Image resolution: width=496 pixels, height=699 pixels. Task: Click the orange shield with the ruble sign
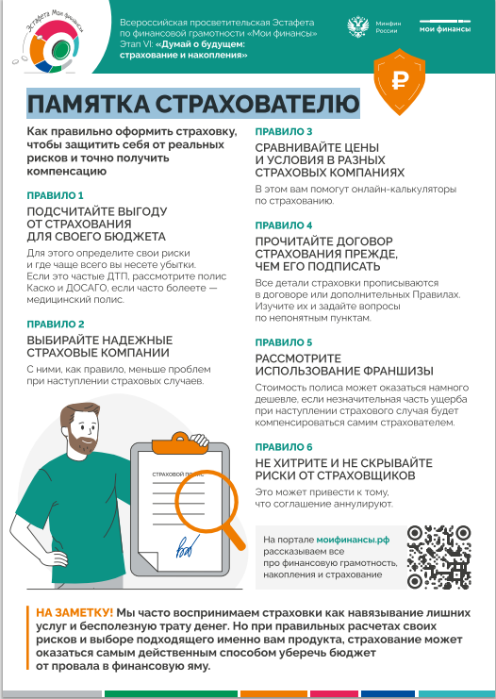[x=399, y=81]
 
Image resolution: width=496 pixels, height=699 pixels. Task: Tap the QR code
[x=439, y=557]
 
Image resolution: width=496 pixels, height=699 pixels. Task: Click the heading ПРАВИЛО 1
[x=55, y=195]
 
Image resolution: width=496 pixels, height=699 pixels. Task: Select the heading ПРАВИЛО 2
[x=56, y=325]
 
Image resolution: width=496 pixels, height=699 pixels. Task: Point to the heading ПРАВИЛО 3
[x=284, y=131]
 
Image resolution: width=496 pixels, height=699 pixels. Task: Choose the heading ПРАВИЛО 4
[x=284, y=225]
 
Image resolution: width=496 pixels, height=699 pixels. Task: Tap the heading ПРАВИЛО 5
[x=284, y=342]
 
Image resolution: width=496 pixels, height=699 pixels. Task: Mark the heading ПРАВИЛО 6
[x=284, y=447]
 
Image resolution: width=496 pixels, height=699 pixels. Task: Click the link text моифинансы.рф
[x=353, y=540]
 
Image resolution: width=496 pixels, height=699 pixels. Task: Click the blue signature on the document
[x=188, y=546]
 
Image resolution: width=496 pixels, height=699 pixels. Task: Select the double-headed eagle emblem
[x=358, y=27]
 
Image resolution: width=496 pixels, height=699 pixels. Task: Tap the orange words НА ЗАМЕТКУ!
[x=74, y=612]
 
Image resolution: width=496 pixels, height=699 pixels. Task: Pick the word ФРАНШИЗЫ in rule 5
[x=399, y=371]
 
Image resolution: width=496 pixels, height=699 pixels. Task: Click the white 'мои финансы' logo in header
[x=445, y=26]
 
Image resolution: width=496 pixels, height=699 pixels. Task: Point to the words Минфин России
[x=388, y=27]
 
